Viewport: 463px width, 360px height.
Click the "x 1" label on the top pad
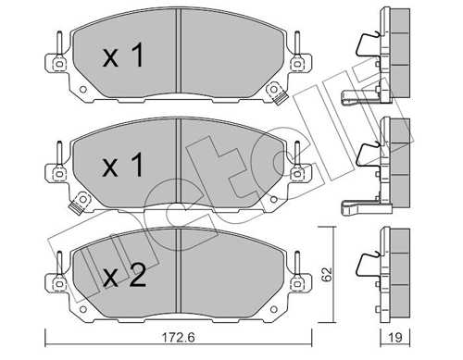123,58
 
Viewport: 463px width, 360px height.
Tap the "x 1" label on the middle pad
123,168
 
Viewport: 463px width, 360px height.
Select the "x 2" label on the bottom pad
123,275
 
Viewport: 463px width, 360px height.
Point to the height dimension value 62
325,275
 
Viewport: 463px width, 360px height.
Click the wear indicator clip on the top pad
275,93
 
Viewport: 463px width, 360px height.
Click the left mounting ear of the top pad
57,64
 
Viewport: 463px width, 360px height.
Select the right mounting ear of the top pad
298,65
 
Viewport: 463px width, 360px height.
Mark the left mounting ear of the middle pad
57,173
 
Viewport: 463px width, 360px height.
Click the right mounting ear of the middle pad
298,173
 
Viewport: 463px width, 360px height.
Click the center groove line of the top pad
178,58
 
